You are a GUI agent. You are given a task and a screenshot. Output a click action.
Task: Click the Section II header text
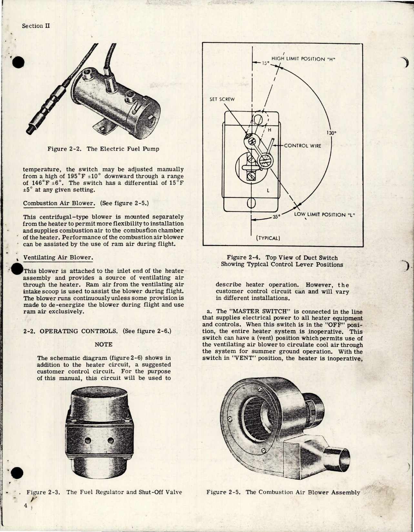[x=36, y=26]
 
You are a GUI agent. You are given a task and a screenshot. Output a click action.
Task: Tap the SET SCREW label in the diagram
[x=222, y=99]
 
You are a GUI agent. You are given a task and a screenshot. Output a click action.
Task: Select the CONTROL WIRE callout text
[x=302, y=146]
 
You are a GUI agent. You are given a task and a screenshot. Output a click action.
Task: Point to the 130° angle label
[x=332, y=133]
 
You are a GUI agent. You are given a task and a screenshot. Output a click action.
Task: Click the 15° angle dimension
[x=265, y=64]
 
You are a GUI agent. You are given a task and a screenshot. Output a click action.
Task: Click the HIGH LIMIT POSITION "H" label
[x=304, y=59]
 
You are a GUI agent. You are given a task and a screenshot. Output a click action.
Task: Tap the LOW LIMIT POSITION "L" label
[x=324, y=215]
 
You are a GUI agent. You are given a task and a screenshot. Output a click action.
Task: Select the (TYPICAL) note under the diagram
[x=268, y=238]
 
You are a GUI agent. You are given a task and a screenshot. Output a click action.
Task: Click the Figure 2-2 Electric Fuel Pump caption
[x=103, y=149]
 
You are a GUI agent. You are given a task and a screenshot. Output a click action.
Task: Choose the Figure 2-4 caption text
[x=282, y=261]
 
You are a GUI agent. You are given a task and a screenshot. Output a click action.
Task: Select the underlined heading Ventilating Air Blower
[x=58, y=257]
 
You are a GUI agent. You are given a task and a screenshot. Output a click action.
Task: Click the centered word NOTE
[x=104, y=344]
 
